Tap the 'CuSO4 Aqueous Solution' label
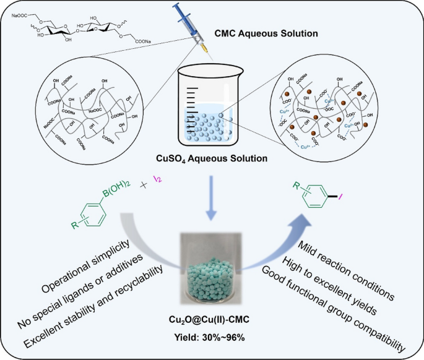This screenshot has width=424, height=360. click(x=212, y=159)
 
